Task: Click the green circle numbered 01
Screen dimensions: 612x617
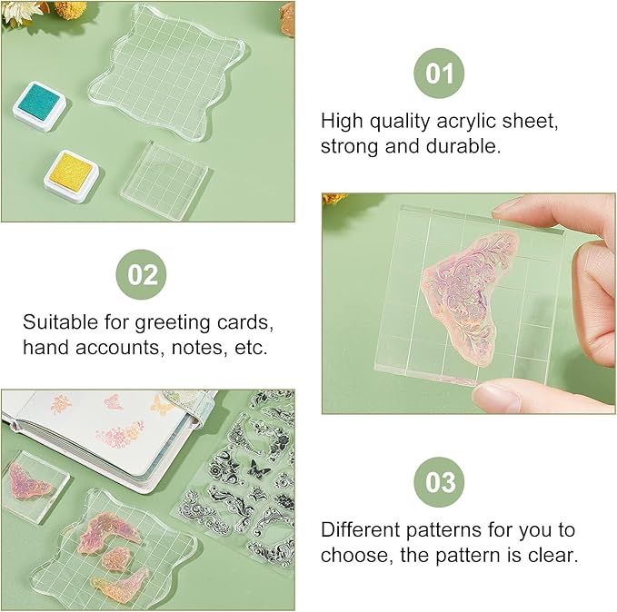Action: tap(440, 72)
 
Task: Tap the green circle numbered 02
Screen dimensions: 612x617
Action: tap(142, 274)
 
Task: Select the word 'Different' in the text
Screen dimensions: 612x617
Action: tap(363, 529)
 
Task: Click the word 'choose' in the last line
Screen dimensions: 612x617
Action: tap(353, 554)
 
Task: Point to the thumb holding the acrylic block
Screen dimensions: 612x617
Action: tap(509, 397)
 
